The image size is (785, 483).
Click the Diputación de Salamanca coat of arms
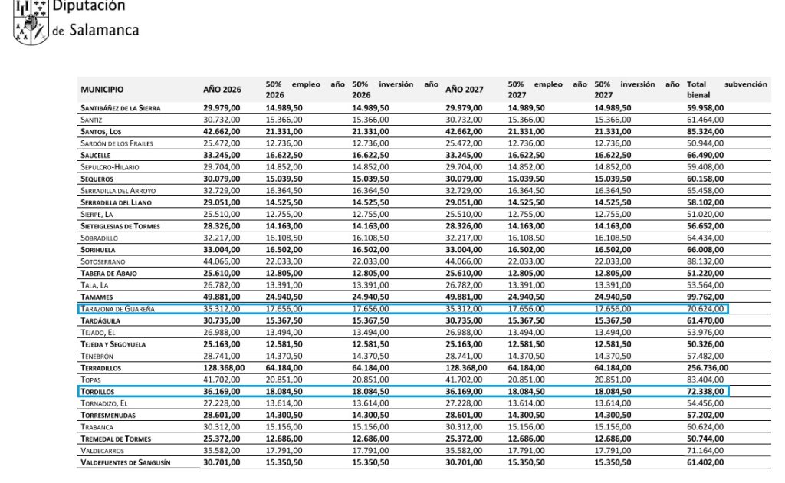point(30,21)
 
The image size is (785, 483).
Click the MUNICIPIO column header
point(102,90)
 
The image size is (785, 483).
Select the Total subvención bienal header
point(726,89)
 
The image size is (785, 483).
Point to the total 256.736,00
point(708,368)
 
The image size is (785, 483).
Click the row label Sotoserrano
point(102,261)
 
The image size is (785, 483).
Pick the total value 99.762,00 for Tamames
point(705,297)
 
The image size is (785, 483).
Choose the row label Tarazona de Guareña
point(117,309)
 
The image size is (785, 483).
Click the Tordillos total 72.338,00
point(705,392)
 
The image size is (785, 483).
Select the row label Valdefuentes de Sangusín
point(125,462)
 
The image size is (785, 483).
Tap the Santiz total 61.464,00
point(705,120)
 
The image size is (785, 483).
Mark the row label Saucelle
point(97,156)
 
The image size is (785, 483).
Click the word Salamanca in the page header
point(104,31)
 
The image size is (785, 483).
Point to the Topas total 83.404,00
point(705,379)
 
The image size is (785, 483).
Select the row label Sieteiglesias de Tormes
point(120,226)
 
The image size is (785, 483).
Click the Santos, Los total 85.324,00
point(705,132)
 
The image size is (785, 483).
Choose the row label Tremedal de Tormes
point(117,439)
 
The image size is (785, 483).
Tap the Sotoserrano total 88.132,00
point(705,261)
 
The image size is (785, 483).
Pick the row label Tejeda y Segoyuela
point(116,344)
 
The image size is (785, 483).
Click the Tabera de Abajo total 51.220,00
point(705,274)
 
